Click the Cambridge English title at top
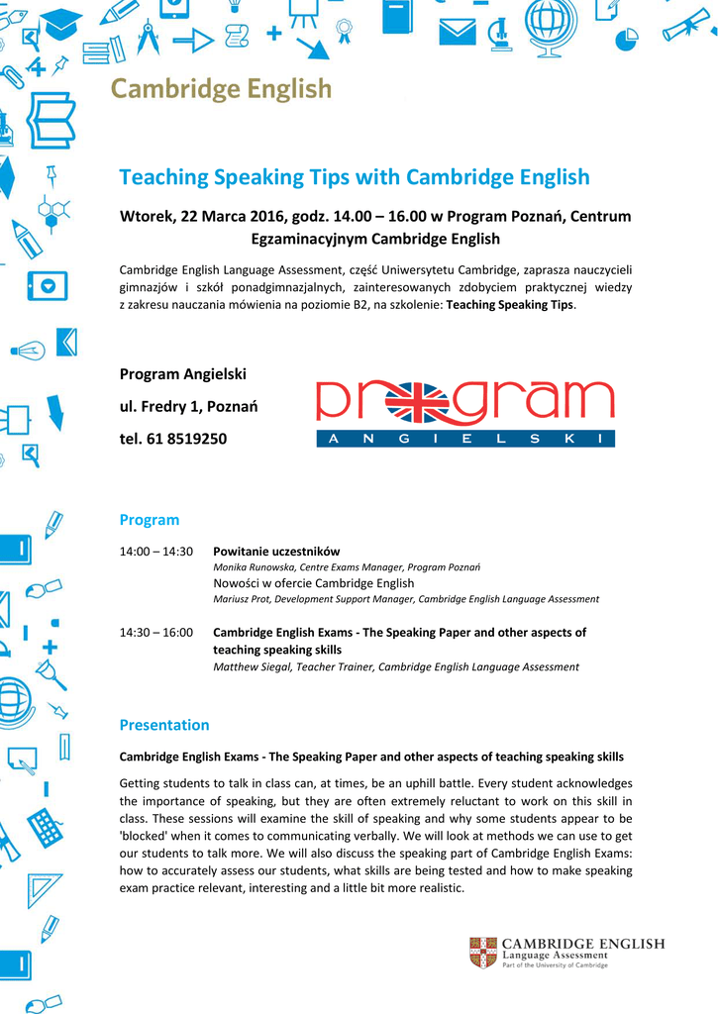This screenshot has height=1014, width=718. coord(221,89)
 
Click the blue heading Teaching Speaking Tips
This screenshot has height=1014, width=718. coord(354,177)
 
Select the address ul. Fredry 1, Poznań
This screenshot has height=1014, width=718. coord(189,406)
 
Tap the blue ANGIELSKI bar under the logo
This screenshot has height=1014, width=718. coord(465,439)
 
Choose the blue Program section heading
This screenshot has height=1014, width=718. coord(150,520)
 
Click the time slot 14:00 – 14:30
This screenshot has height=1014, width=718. coord(156,552)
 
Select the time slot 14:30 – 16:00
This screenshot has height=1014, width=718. coord(156,632)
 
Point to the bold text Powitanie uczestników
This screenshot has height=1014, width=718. coord(276,552)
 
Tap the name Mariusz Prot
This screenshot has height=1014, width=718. coord(243,599)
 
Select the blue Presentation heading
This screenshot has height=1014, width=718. coord(164,725)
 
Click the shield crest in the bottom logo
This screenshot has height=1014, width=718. coord(482,952)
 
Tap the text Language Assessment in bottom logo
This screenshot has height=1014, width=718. coord(555,956)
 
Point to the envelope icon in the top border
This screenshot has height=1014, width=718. coord(458,30)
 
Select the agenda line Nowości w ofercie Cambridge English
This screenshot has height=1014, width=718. coord(314,583)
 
